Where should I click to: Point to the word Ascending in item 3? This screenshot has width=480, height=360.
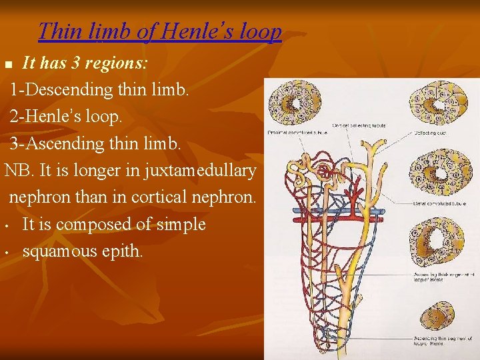tap(65, 143)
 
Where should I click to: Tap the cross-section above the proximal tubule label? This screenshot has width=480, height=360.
tap(289, 103)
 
